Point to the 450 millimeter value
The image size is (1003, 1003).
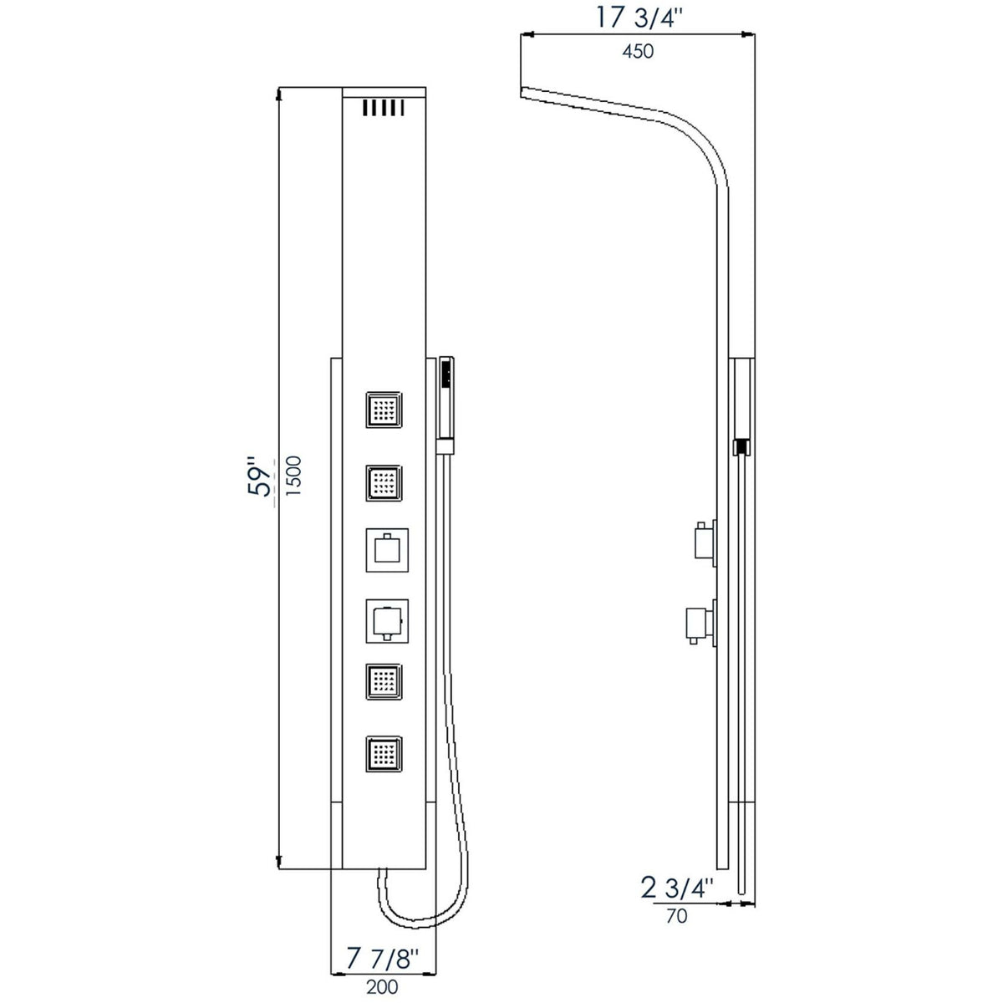tap(638, 52)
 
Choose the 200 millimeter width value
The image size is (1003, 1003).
tap(382, 986)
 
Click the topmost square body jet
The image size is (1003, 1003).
tap(384, 410)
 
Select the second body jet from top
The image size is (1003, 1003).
tap(384, 482)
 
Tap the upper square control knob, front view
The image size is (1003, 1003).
tap(386, 549)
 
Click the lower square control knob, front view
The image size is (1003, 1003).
tap(386, 620)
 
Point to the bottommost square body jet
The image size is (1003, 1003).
tap(384, 756)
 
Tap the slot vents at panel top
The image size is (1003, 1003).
tap(384, 108)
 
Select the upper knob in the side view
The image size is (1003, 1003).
tap(704, 541)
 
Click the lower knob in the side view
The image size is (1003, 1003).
tap(700, 622)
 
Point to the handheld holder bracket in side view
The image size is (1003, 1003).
tap(741, 447)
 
